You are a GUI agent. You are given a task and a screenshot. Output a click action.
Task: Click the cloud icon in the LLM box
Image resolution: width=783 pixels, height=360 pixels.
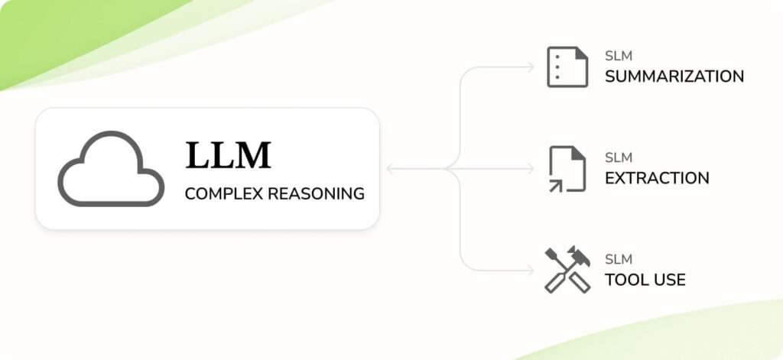pyautogui.click(x=112, y=169)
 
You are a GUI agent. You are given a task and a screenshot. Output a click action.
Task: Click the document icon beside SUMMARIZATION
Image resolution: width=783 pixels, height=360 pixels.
pyautogui.click(x=567, y=67)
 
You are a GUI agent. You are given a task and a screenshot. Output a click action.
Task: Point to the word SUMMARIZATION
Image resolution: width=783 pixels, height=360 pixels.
pyautogui.click(x=674, y=76)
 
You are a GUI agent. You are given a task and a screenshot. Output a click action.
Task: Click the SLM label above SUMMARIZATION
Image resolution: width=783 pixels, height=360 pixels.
pyautogui.click(x=618, y=56)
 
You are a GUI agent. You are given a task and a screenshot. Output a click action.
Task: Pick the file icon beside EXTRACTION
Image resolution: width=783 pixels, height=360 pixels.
pyautogui.click(x=567, y=169)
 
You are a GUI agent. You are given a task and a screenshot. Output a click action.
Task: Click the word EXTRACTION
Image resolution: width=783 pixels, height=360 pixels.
pyautogui.click(x=656, y=178)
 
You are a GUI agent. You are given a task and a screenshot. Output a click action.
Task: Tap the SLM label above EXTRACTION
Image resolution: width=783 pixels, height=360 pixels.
pyautogui.click(x=618, y=157)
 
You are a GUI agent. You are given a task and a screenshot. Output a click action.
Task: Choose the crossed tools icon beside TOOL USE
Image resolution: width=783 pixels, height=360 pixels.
pyautogui.click(x=567, y=270)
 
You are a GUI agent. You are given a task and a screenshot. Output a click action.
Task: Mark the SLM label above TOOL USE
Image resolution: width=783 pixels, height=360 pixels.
pyautogui.click(x=618, y=259)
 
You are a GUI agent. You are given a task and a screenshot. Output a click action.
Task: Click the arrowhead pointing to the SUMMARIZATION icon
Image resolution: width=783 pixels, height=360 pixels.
pyautogui.click(x=531, y=67)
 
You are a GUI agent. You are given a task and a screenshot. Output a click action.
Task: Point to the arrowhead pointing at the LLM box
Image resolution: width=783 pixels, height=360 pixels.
pyautogui.click(x=390, y=169)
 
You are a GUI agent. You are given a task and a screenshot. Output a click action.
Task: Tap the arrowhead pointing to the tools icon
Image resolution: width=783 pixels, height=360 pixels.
pyautogui.click(x=531, y=270)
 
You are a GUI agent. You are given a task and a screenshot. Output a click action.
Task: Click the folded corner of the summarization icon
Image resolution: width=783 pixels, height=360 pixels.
pyautogui.click(x=581, y=54)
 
